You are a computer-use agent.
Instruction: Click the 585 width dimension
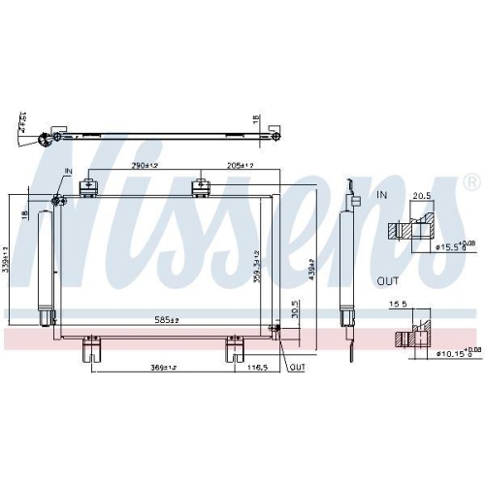174,318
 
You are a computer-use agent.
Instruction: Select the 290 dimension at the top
145,165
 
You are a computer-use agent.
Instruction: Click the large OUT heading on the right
388,282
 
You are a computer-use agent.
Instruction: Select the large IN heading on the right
381,196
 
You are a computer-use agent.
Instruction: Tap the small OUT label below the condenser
297,368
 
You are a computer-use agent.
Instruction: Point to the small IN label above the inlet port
68,172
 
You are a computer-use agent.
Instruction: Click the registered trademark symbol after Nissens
470,181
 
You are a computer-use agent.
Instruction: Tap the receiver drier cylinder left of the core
43,262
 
